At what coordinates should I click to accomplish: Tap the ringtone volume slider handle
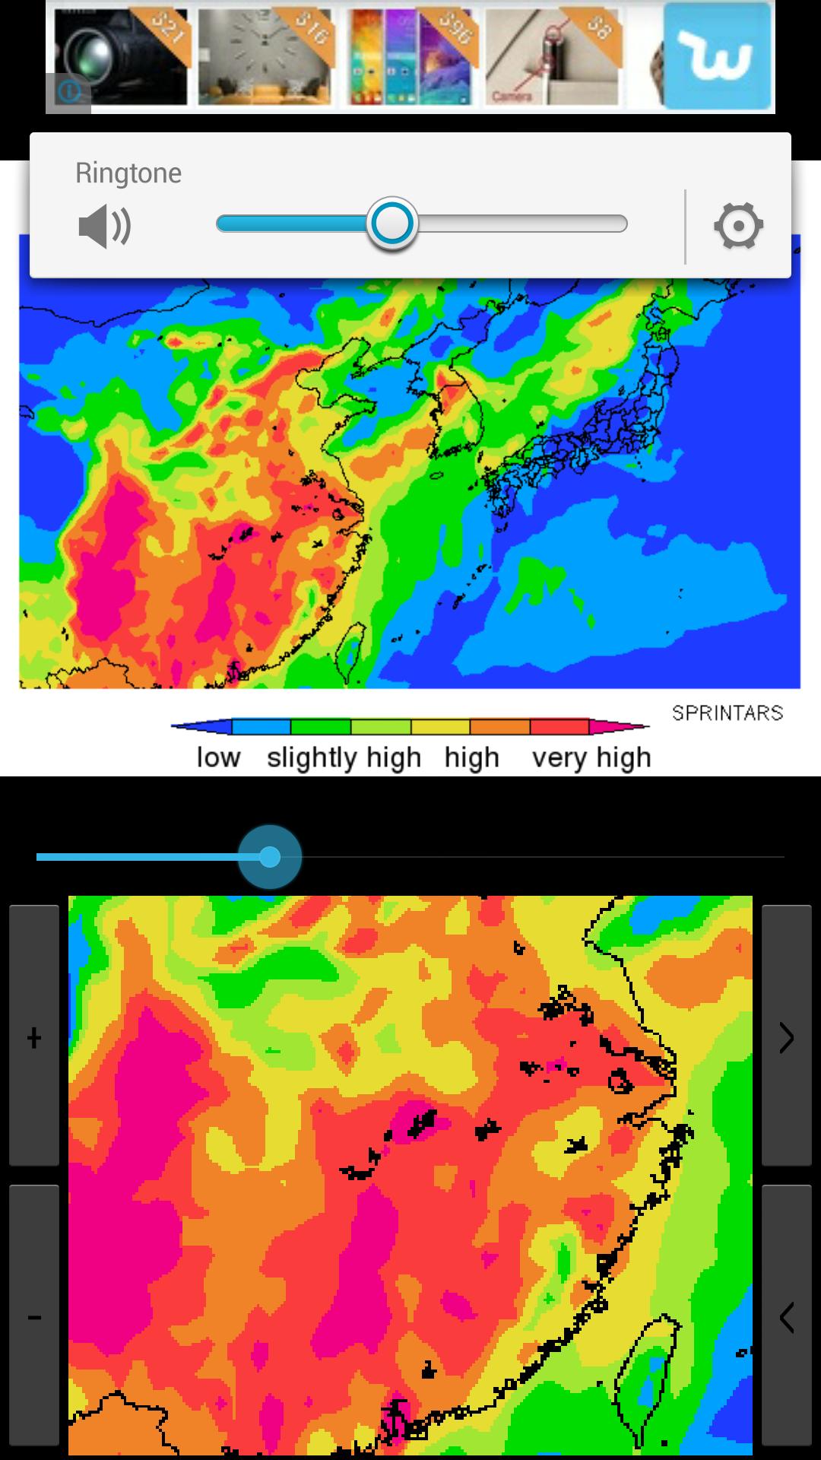tap(392, 224)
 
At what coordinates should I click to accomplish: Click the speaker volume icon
tap(105, 226)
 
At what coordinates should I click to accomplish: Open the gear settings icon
tap(738, 226)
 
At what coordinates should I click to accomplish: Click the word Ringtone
tap(128, 173)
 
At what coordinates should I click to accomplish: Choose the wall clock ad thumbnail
tap(265, 58)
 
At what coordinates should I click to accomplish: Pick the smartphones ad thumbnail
tap(410, 58)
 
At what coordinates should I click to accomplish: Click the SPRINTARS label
tap(727, 713)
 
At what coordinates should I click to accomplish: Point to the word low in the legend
tap(218, 757)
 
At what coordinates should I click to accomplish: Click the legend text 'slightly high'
tap(344, 757)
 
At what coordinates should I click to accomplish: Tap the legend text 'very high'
tap(591, 757)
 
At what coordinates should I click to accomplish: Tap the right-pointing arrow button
tap(787, 1037)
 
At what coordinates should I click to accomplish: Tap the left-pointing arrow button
tap(787, 1317)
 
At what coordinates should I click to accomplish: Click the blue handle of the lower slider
tap(270, 857)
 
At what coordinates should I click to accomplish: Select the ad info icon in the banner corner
tap(68, 93)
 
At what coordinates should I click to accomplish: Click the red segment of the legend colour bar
tap(559, 727)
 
